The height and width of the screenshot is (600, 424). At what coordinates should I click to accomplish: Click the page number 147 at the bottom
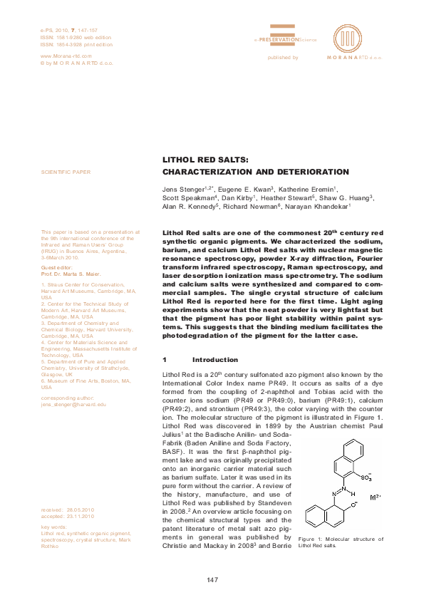(x=212, y=580)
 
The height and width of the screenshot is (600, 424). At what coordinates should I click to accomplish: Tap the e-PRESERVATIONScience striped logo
(x=283, y=31)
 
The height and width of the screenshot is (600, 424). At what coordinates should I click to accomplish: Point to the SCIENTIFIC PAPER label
(x=66, y=172)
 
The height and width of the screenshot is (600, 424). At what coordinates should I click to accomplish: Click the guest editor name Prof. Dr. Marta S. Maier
(x=72, y=274)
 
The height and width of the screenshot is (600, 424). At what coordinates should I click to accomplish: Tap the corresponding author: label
(x=68, y=398)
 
